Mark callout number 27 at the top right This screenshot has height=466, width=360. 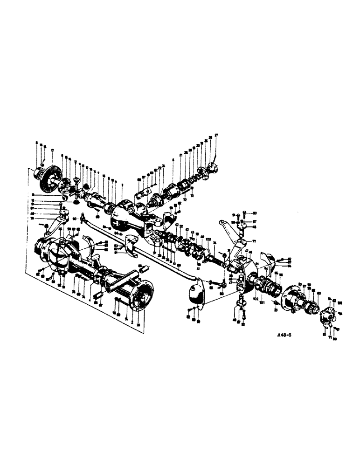pyautogui.click(x=216, y=135)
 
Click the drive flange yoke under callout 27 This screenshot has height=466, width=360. pyautogui.click(x=213, y=167)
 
